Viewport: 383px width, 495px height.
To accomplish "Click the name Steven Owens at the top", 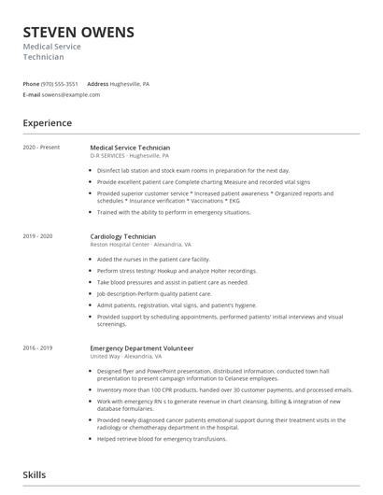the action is click(78, 32).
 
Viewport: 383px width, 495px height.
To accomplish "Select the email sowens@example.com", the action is click(71, 94).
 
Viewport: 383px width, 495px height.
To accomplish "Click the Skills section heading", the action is click(35, 474).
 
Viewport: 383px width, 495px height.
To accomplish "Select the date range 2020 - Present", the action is click(41, 148).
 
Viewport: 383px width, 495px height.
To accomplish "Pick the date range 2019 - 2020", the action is click(38, 236).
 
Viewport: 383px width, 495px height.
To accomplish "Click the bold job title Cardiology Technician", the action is click(122, 236).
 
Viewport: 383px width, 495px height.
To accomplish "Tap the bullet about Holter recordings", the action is click(177, 270).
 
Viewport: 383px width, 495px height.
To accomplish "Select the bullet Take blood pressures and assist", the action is click(172, 281).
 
